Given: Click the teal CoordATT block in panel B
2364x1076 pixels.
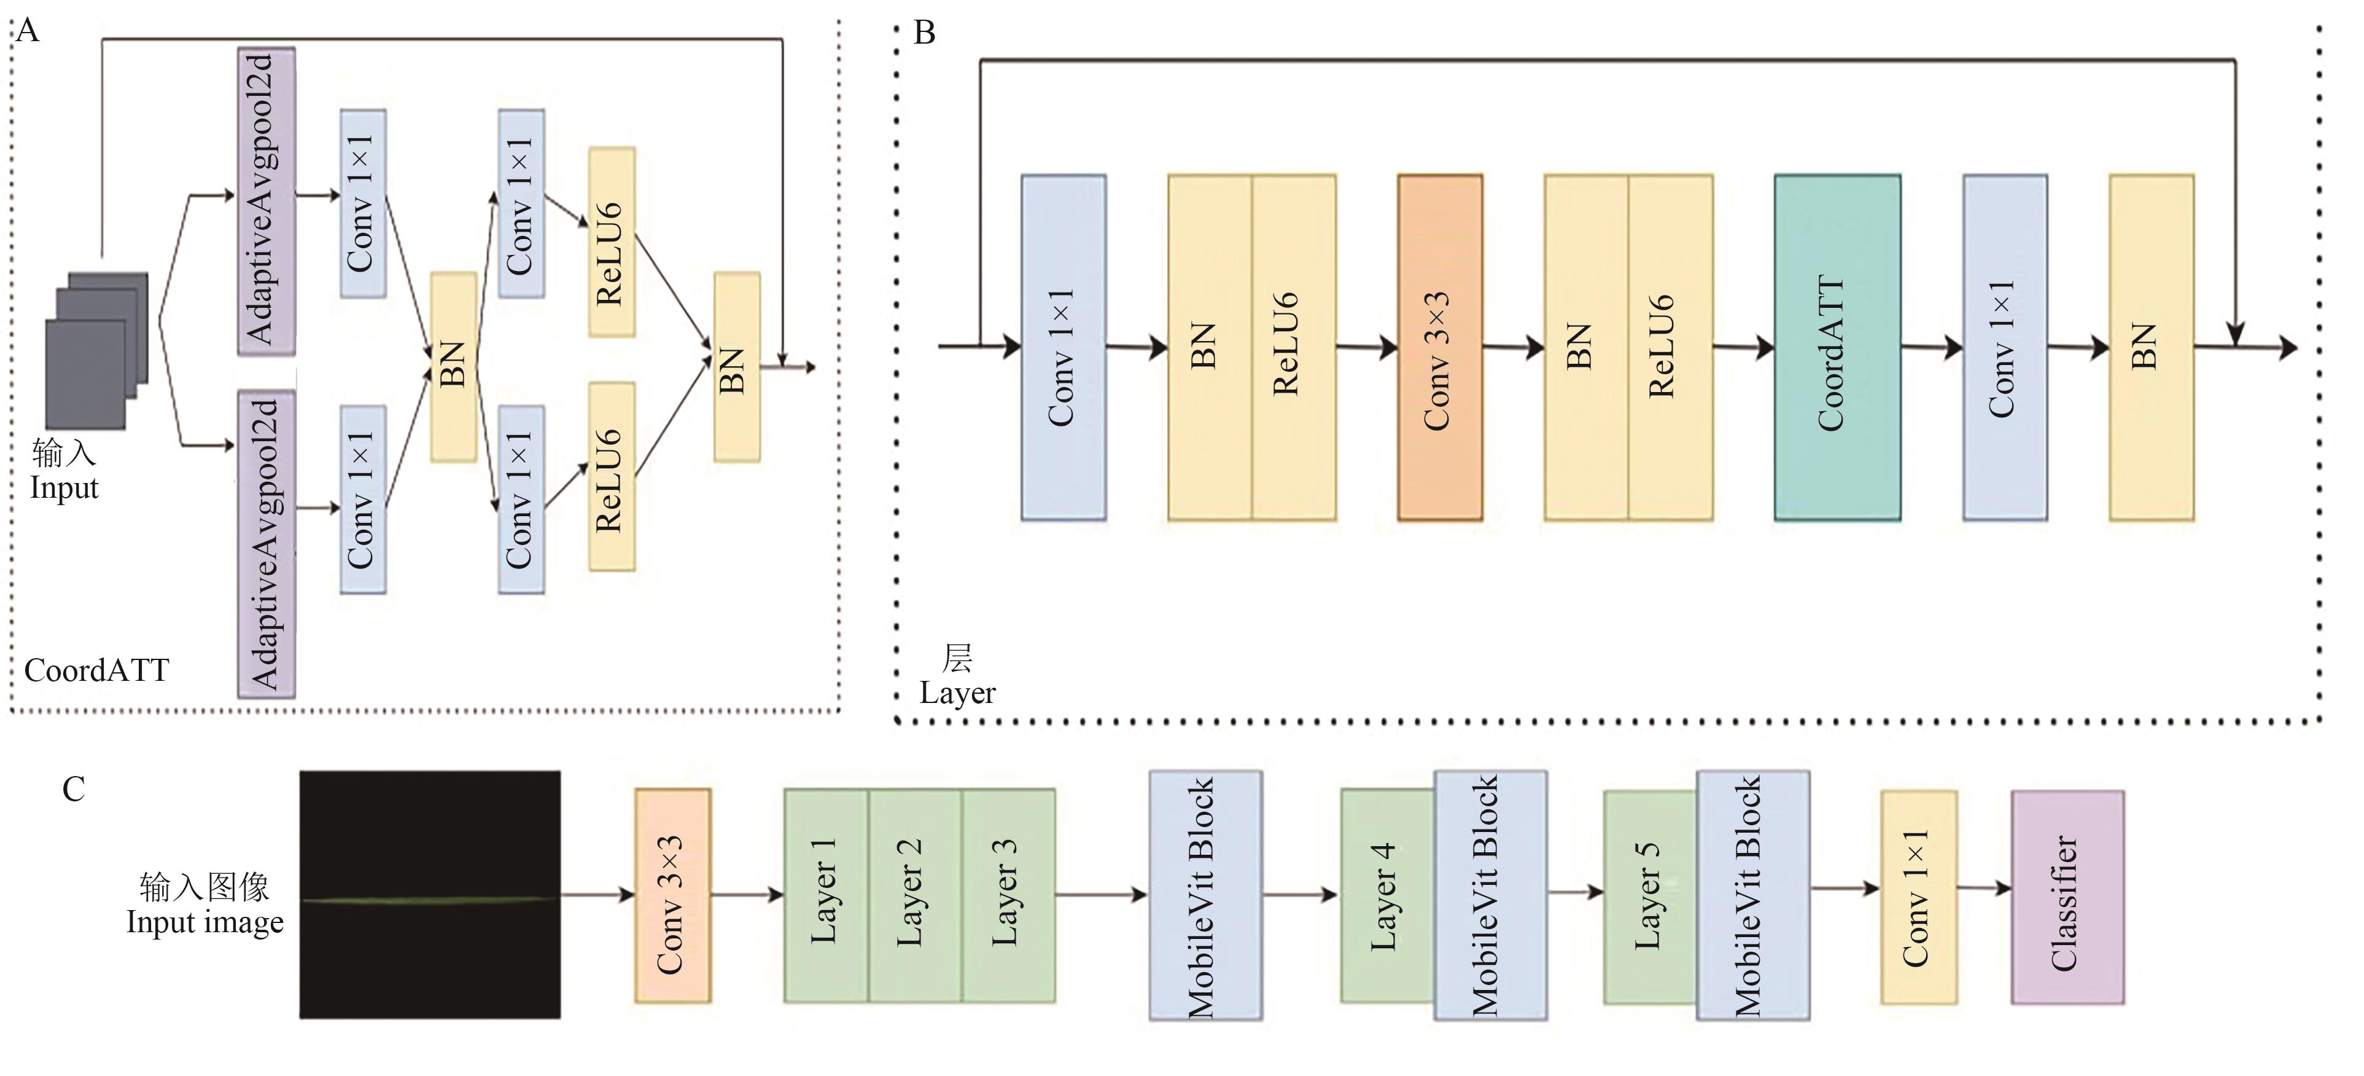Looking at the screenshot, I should [1837, 347].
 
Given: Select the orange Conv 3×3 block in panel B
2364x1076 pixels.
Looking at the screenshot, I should [1439, 347].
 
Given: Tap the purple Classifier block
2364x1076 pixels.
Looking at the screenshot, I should [2067, 897].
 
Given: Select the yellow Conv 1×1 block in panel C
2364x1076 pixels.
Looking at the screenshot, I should [1918, 897].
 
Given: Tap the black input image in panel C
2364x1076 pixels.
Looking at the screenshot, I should [429, 894].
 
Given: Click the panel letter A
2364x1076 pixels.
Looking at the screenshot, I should [28, 31].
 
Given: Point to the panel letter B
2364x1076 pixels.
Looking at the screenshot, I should [924, 33].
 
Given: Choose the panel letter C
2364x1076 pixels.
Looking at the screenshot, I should [74, 788].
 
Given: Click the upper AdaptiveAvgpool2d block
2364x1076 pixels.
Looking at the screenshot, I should [266, 200].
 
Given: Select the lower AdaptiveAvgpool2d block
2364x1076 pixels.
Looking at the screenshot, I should [266, 543].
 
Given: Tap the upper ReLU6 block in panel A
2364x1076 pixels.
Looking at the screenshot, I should [611, 242].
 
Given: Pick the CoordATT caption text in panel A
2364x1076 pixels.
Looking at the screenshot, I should [96, 670].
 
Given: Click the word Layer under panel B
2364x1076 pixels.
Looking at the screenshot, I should [957, 692].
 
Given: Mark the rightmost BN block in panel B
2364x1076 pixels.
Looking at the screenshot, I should [2150, 347].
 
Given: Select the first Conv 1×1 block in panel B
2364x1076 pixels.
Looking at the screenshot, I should [1063, 347].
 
